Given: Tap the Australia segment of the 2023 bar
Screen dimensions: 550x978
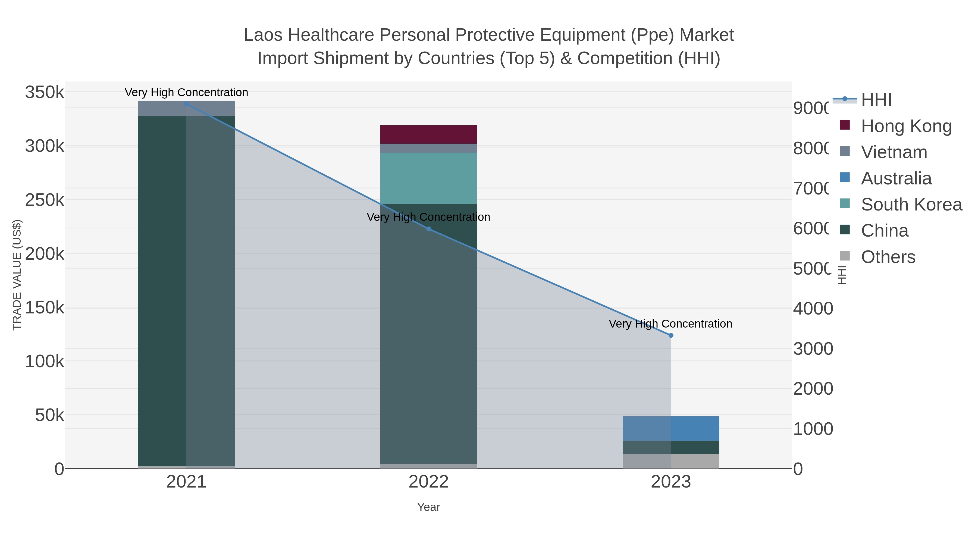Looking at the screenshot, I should pos(671,428).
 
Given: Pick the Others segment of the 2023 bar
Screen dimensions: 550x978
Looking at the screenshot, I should pos(671,461).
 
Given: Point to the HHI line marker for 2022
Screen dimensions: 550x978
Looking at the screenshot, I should pos(429,229).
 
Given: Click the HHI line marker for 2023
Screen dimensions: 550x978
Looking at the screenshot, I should pos(671,335).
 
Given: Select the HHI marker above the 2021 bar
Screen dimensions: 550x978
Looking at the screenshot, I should pos(186,104).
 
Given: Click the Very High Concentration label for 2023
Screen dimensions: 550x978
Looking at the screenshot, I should pos(670,324).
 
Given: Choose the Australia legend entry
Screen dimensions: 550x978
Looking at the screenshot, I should pos(896,178).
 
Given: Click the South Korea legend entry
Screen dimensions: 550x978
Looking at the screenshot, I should pos(911,205).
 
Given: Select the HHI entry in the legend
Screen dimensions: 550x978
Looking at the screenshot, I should pos(876,100).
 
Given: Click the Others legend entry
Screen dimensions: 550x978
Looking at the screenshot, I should pos(888,257).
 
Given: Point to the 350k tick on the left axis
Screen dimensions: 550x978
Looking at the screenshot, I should pos(45,92).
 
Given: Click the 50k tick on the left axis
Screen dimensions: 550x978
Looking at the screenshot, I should pos(49,415).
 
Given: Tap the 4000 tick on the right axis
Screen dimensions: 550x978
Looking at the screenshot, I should pos(813,309).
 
